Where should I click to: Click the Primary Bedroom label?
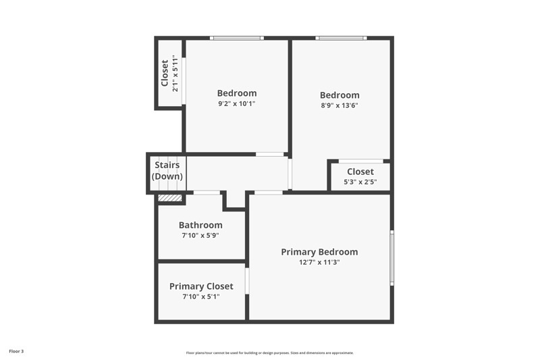coord(319,252)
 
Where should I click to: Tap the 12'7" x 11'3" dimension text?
coord(319,262)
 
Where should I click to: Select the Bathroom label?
coord(200,225)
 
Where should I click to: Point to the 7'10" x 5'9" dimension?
coord(200,236)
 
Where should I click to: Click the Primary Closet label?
coord(201,286)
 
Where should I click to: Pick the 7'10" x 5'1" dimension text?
coord(201,297)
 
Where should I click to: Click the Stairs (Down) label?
coord(167,171)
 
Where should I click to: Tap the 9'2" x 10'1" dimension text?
coord(237,104)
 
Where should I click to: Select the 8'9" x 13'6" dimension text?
coord(340,105)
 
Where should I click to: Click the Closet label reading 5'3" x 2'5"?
coord(360,172)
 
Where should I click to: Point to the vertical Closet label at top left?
coord(165,74)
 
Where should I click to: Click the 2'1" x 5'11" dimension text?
coord(175,74)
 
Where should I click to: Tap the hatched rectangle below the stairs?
coord(170,198)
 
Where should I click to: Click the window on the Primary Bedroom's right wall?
coord(391,257)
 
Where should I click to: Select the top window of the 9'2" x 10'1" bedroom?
coord(236,38)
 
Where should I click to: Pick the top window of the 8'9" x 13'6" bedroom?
coord(342,38)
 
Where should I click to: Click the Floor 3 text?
coord(16,351)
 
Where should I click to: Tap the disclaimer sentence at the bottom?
coord(270,353)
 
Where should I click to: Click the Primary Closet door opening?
coord(247,281)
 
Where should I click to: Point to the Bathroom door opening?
coord(207,193)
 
